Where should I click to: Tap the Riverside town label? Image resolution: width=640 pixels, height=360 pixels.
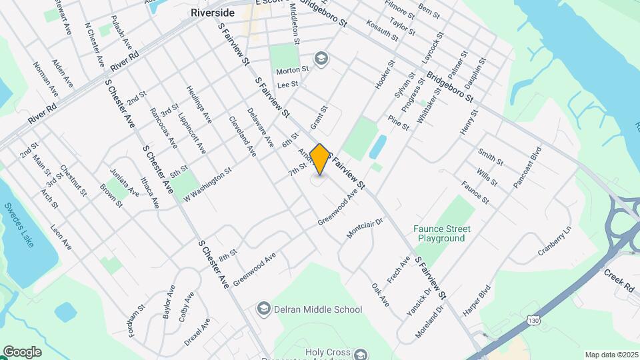[213, 13]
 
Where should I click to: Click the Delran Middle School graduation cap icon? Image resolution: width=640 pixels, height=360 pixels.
[264, 309]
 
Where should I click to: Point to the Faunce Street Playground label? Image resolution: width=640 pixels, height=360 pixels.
[441, 233]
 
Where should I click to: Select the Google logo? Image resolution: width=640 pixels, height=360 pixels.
[22, 352]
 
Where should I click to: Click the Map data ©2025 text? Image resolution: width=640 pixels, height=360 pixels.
[611, 355]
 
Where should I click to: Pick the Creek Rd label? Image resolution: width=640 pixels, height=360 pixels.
[619, 280]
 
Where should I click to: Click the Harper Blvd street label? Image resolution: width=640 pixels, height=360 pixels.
[476, 300]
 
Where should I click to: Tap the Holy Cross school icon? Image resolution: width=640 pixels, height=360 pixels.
[361, 353]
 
